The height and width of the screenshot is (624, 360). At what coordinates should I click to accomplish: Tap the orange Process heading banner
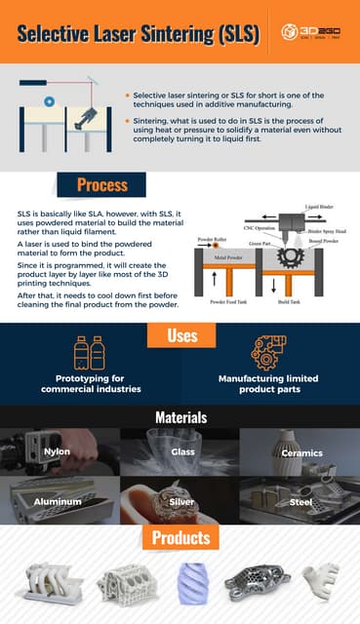pyautogui.click(x=102, y=184)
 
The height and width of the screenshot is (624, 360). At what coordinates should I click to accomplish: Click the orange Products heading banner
pyautogui.click(x=180, y=537)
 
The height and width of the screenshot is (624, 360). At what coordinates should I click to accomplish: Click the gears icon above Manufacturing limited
pyautogui.click(x=269, y=353)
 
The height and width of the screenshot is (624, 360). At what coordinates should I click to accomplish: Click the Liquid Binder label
pyautogui.click(x=319, y=207)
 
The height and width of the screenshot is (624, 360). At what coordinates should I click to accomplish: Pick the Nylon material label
pyautogui.click(x=57, y=452)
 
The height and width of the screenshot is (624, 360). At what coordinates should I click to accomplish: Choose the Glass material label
pyautogui.click(x=181, y=452)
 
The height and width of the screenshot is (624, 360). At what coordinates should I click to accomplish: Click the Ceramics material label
pyautogui.click(x=301, y=452)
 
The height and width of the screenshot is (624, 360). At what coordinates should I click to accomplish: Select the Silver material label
pyautogui.click(x=181, y=501)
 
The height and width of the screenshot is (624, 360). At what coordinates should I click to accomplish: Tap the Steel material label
pyautogui.click(x=301, y=501)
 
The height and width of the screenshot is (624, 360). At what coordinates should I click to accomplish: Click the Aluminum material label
pyautogui.click(x=57, y=501)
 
